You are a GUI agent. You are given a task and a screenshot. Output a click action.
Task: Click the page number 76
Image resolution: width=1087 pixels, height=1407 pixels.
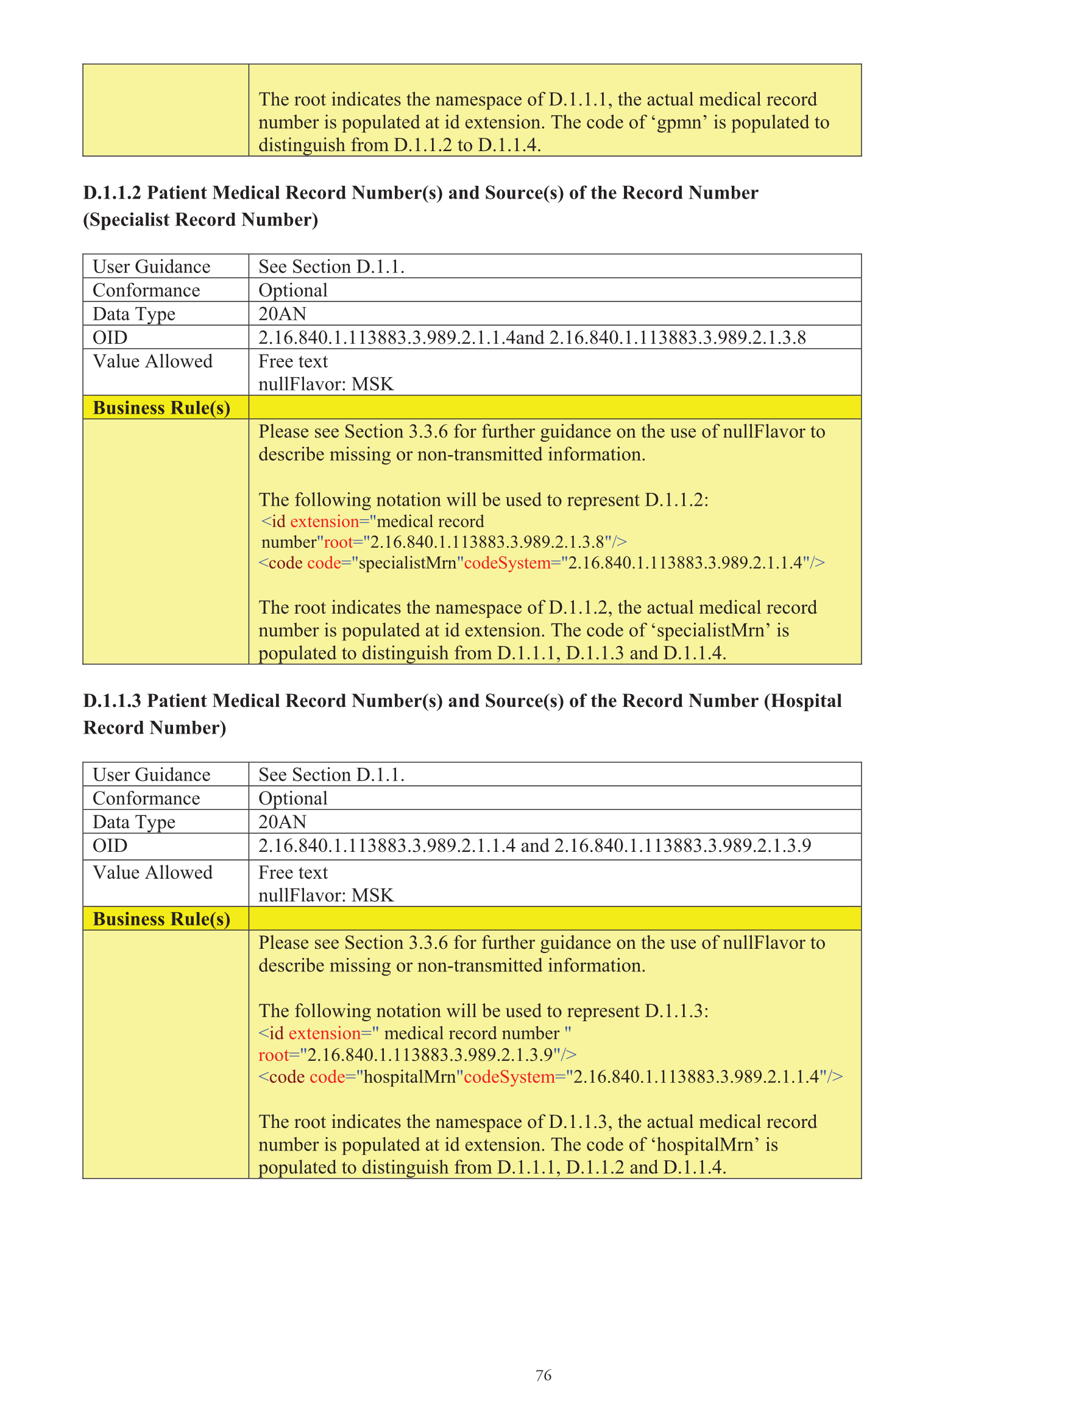click(543, 1375)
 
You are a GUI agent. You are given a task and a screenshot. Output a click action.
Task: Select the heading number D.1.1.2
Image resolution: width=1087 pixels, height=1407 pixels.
click(112, 193)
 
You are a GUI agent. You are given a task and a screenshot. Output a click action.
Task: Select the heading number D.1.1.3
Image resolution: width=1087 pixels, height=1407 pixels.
click(112, 700)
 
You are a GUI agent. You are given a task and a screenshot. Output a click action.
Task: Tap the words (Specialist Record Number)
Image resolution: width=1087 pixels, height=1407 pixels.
click(200, 220)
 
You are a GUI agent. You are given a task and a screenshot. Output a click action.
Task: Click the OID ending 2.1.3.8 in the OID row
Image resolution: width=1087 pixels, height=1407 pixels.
click(677, 338)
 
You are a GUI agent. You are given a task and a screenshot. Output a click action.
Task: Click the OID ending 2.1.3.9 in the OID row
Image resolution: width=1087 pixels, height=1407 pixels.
click(682, 845)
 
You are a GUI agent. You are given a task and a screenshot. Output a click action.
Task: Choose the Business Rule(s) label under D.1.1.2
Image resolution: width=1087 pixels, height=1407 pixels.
click(161, 408)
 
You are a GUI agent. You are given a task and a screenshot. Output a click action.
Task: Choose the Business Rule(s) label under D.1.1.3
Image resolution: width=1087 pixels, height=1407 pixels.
click(161, 919)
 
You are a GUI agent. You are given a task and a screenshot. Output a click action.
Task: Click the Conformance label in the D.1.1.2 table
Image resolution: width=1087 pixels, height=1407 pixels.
click(146, 291)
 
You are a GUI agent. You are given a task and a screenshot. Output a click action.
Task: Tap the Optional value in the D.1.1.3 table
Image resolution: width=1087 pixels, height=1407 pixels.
click(292, 798)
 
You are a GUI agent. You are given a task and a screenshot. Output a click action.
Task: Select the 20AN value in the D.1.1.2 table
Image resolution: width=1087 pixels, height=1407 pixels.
click(282, 314)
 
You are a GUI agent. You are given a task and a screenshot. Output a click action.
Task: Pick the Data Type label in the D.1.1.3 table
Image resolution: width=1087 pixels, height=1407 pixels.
click(134, 822)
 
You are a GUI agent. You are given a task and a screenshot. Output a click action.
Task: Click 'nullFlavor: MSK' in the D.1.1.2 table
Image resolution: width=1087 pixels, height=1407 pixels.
click(325, 385)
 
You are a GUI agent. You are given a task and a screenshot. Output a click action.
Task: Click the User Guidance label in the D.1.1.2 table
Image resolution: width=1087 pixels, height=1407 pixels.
click(152, 267)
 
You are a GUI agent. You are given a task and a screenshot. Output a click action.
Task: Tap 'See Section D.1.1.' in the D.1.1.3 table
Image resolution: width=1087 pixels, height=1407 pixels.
click(331, 774)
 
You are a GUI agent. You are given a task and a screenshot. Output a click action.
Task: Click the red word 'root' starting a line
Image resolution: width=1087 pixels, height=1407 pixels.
click(273, 1055)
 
